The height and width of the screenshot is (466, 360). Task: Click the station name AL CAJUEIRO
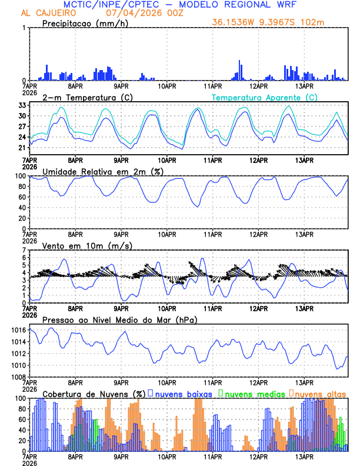[45, 12]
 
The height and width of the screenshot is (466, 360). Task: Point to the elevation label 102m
[312, 22]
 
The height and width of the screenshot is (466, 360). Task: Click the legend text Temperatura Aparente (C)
[264, 97]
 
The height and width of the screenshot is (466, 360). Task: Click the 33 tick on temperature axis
[23, 105]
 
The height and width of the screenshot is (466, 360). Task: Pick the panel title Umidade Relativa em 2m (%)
[102, 171]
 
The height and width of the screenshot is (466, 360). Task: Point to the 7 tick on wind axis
[25, 251]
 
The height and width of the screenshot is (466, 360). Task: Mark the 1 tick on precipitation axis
[25, 28]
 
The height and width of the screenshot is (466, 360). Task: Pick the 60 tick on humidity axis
[23, 197]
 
